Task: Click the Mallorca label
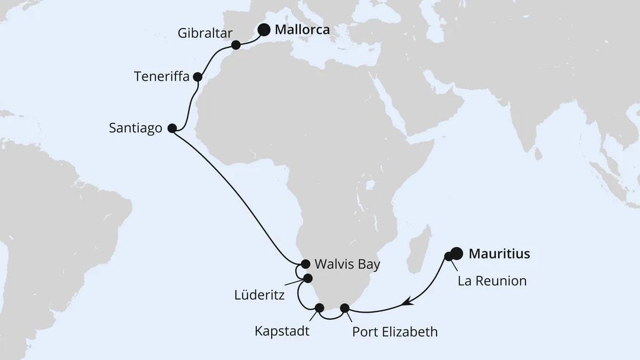pyautogui.click(x=303, y=30)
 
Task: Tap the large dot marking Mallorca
pyautogui.click(x=263, y=29)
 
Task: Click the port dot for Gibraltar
pyautogui.click(x=235, y=44)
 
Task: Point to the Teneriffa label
pyautogui.click(x=161, y=77)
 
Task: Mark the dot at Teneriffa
pyautogui.click(x=198, y=77)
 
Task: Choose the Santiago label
pyautogui.click(x=136, y=128)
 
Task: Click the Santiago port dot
pyautogui.click(x=172, y=128)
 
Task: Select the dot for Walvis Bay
pyautogui.click(x=305, y=264)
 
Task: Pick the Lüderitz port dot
pyautogui.click(x=308, y=278)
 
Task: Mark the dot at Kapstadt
pyautogui.click(x=320, y=307)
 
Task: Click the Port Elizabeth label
pyautogui.click(x=395, y=332)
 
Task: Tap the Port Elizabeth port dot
pyautogui.click(x=345, y=307)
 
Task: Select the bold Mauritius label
pyautogui.click(x=499, y=254)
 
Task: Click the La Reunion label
pyautogui.click(x=492, y=281)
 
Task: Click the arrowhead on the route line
pyautogui.click(x=407, y=303)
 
